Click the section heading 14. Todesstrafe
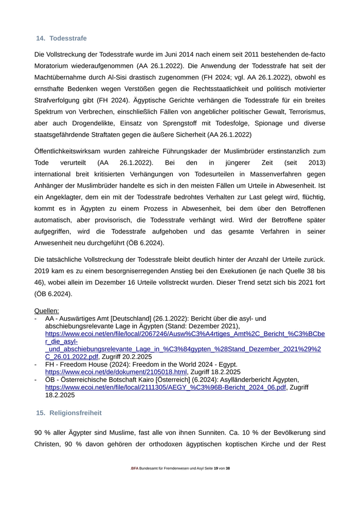coord(61,39)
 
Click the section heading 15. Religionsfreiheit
coord(68,413)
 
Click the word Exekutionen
coord(212,271)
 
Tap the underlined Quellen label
coord(47,311)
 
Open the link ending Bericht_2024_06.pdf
coord(165,388)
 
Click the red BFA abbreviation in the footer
coord(135,468)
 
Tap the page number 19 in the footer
coord(216,468)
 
